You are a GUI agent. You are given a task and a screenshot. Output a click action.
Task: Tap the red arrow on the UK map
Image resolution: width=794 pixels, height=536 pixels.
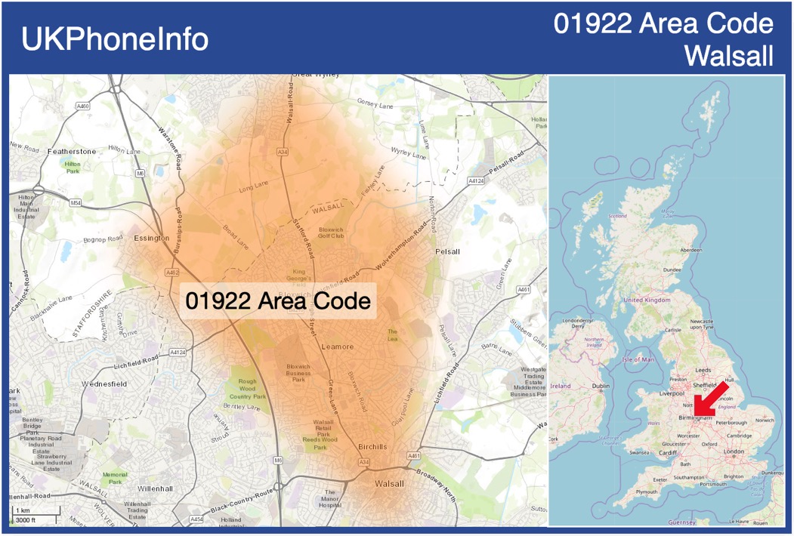(x=712, y=398)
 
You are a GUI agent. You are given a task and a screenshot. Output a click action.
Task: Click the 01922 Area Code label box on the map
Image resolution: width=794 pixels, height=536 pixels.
(x=278, y=300)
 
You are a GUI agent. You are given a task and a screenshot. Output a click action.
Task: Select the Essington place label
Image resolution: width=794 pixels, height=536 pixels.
(x=151, y=238)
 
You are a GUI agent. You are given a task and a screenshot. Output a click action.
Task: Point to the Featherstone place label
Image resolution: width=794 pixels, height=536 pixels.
(x=72, y=152)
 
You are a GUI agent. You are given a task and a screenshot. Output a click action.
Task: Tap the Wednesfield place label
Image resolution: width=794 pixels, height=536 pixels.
(x=104, y=384)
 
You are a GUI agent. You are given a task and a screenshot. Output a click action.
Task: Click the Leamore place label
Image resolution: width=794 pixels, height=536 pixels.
(x=337, y=347)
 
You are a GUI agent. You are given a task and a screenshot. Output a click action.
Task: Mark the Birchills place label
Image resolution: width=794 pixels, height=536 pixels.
(x=373, y=445)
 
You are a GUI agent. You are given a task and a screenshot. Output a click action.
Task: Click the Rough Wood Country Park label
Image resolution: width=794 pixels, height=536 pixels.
(x=248, y=389)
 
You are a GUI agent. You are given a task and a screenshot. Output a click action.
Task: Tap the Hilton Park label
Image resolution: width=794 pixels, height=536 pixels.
(x=73, y=167)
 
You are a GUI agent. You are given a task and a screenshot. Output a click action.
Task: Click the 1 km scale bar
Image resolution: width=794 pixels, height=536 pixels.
(x=36, y=516)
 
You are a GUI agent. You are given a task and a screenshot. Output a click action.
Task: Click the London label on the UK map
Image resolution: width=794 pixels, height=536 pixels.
(x=734, y=451)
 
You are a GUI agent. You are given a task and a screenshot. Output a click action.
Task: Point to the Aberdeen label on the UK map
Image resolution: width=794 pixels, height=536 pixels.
(x=691, y=249)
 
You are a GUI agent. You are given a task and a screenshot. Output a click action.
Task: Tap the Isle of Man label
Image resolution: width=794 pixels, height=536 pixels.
(x=638, y=359)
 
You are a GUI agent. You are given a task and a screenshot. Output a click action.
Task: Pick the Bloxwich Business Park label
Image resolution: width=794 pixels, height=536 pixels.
(x=298, y=373)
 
